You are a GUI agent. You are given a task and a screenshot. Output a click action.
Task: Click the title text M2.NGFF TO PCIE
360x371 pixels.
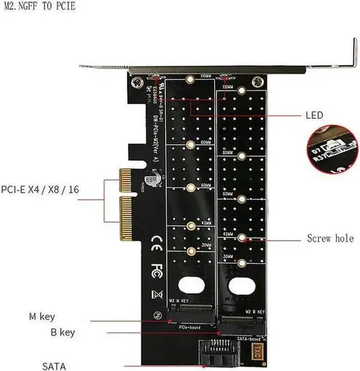tap(38, 6)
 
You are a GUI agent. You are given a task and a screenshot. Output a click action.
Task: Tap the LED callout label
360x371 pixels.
tap(314, 115)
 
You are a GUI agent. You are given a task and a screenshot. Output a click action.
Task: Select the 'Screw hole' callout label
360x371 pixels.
tap(330, 238)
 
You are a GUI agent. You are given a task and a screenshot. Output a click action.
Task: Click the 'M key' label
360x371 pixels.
tap(42, 317)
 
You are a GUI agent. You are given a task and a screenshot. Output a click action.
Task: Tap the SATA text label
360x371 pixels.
tap(54, 367)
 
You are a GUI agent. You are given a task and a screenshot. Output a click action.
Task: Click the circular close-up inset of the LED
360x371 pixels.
tap(334, 150)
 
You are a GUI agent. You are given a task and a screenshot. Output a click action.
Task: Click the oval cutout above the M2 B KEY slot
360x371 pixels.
tap(242, 286)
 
